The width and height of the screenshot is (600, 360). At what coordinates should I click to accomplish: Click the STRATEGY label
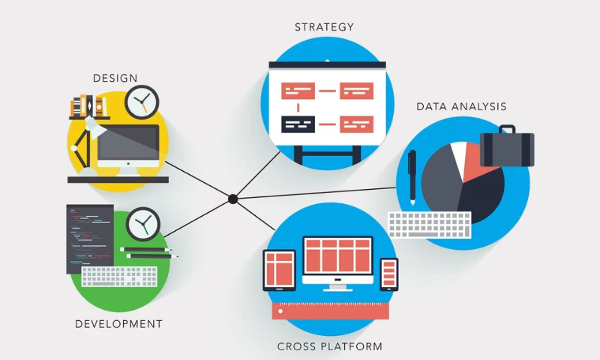coord(324,27)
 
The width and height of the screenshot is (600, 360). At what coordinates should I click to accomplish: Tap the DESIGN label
coord(115,78)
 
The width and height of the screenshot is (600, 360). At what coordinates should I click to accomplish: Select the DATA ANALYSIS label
coord(461,106)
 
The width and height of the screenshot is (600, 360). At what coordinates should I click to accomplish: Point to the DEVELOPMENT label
coord(118,324)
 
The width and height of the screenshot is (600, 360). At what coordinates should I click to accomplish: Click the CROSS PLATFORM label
coord(330,346)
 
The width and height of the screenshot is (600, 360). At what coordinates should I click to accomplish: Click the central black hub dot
coord(232,199)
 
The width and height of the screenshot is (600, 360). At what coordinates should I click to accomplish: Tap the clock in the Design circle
coord(142,101)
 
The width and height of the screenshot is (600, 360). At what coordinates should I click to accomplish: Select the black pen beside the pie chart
coord(412,177)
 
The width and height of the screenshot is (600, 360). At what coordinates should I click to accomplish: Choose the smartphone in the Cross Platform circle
coord(389,274)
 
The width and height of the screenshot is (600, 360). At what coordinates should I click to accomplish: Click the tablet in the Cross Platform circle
coord(279,270)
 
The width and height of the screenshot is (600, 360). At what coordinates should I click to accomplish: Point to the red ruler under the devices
coord(331,310)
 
